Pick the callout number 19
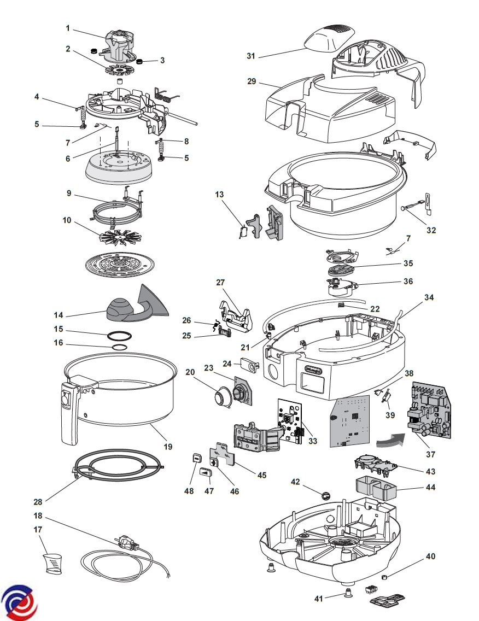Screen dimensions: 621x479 click(168, 447)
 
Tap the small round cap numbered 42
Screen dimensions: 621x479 click(326, 495)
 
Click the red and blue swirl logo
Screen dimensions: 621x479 click(19, 602)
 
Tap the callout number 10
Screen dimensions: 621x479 click(67, 220)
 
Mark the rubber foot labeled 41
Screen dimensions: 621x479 click(347, 593)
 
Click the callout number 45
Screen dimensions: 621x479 click(262, 475)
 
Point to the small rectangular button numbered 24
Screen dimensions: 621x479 click(248, 365)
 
